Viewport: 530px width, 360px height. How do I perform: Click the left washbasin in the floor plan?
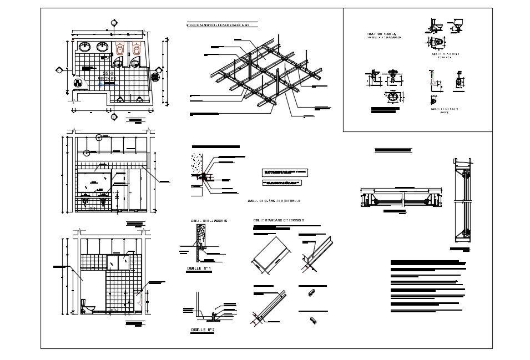pos(85,47)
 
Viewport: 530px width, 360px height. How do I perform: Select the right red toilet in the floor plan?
pos(136,49)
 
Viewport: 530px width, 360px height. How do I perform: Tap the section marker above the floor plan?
pos(113,23)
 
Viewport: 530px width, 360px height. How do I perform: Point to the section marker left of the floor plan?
pos(58,70)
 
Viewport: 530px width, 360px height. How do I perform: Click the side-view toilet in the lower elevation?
pos(88,306)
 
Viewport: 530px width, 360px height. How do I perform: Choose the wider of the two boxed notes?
pos(285,173)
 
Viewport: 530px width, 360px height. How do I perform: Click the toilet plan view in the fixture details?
pos(436,42)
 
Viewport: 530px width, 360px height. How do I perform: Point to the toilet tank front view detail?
pos(458,25)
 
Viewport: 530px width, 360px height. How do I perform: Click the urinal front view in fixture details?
pos(458,82)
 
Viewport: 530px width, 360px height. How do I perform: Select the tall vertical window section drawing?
pos(463,200)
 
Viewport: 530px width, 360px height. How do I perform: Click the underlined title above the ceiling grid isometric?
pos(222,25)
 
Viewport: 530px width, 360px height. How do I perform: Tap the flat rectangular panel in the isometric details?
pos(271,255)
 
